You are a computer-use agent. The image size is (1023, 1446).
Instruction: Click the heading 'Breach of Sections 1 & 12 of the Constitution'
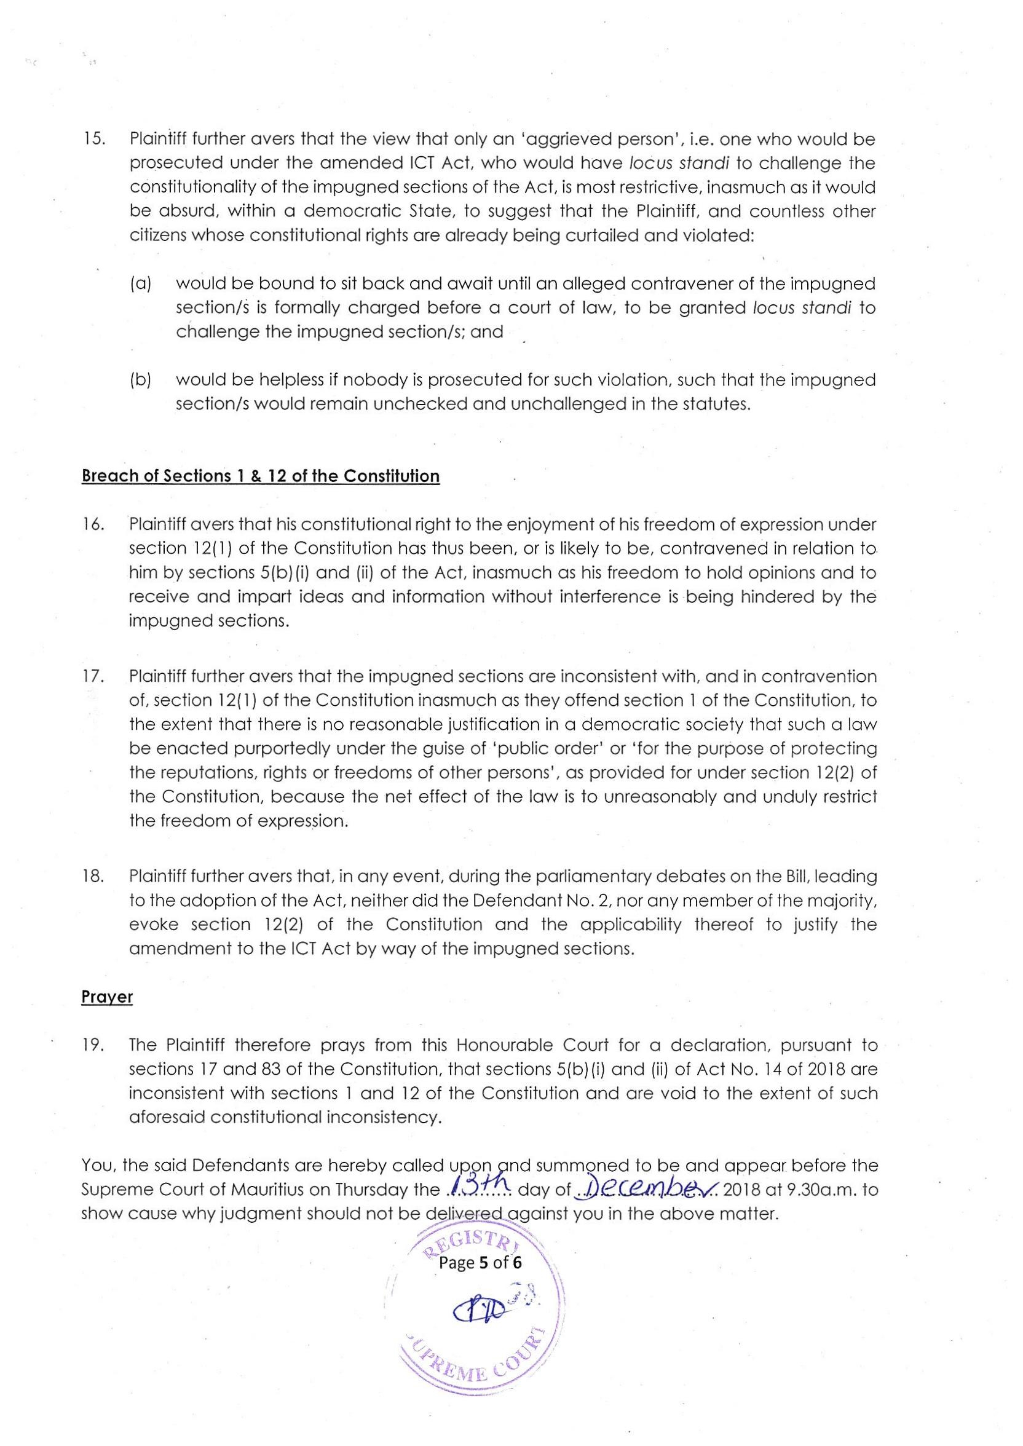pos(260,476)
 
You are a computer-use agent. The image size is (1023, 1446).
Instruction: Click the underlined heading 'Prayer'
pos(107,998)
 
